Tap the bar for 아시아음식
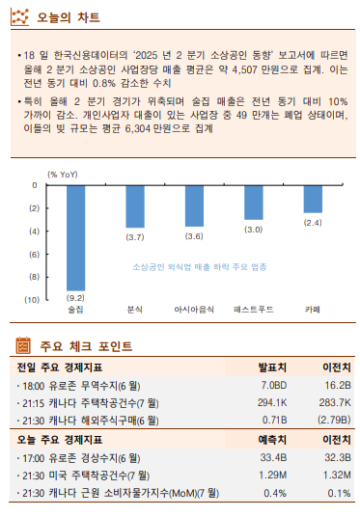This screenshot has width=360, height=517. [x=194, y=204]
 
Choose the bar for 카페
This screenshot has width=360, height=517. [x=313, y=198]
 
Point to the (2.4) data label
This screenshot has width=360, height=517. [x=313, y=222]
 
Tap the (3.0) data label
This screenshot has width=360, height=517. [x=254, y=229]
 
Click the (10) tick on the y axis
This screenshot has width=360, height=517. [x=32, y=299]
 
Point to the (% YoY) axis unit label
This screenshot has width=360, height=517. [x=62, y=174]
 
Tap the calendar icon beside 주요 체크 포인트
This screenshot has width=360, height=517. [x=23, y=345]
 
